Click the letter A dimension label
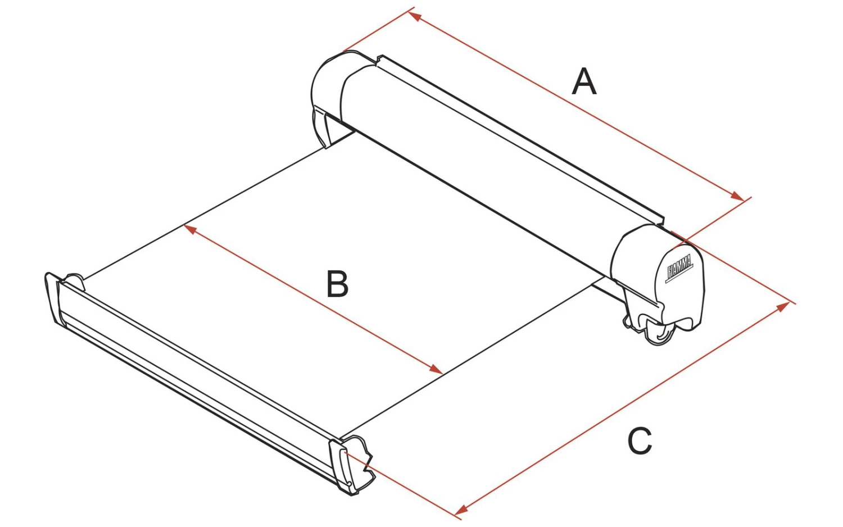tap(584, 82)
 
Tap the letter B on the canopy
tap(337, 284)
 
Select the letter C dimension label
tap(639, 441)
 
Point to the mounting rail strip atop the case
tap(523, 135)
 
